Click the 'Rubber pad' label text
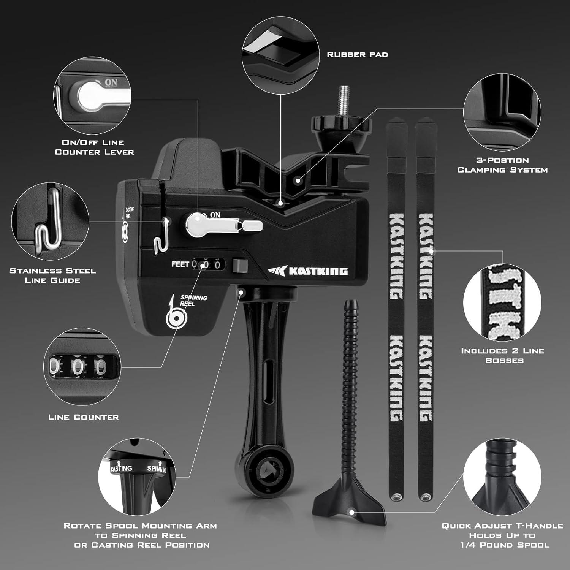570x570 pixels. (x=358, y=55)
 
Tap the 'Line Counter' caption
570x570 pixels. (x=84, y=417)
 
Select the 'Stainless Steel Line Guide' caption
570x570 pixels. (x=52, y=275)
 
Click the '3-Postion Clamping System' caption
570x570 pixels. (x=502, y=165)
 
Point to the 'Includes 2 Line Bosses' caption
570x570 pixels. (x=503, y=356)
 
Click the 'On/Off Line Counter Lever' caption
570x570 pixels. (x=94, y=147)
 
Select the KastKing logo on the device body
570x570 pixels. (x=308, y=271)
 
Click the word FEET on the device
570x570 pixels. (x=180, y=264)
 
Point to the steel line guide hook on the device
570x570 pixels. (x=161, y=236)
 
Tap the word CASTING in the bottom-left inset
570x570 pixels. (x=122, y=469)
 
